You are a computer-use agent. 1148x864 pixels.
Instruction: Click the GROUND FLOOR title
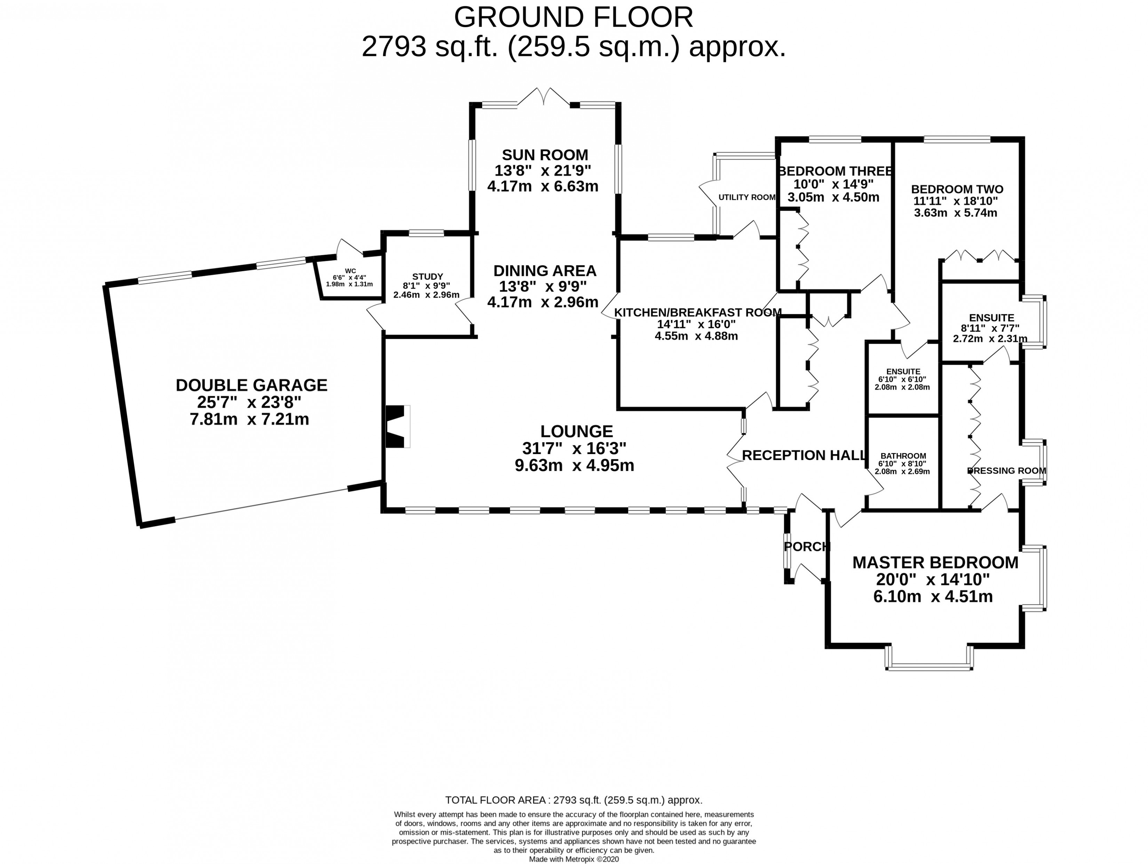tap(574, 18)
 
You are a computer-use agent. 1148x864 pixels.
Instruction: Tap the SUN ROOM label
tap(545, 154)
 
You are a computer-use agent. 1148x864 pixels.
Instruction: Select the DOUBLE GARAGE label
tap(252, 385)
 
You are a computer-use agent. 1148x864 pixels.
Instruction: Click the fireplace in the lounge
tap(397, 426)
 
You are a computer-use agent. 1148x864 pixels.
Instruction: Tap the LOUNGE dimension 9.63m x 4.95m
tap(574, 465)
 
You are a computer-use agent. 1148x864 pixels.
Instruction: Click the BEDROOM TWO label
tap(957, 189)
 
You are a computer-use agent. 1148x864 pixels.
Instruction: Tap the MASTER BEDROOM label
tap(935, 562)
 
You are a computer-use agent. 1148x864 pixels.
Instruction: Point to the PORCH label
tap(806, 547)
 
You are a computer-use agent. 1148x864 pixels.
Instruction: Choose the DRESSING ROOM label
tap(1006, 470)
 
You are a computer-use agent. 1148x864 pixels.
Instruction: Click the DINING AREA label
tap(544, 271)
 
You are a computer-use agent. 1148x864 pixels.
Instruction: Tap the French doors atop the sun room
tap(544, 97)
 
